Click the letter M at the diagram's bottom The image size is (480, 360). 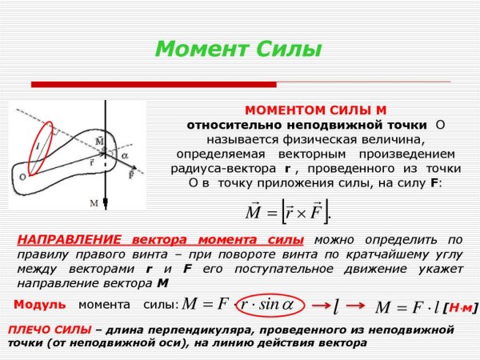click(x=94, y=203)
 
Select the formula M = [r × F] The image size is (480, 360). click(x=287, y=212)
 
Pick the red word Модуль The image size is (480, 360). click(x=34, y=305)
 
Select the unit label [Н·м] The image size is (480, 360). click(x=459, y=307)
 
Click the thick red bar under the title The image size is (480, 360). click(x=153, y=84)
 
